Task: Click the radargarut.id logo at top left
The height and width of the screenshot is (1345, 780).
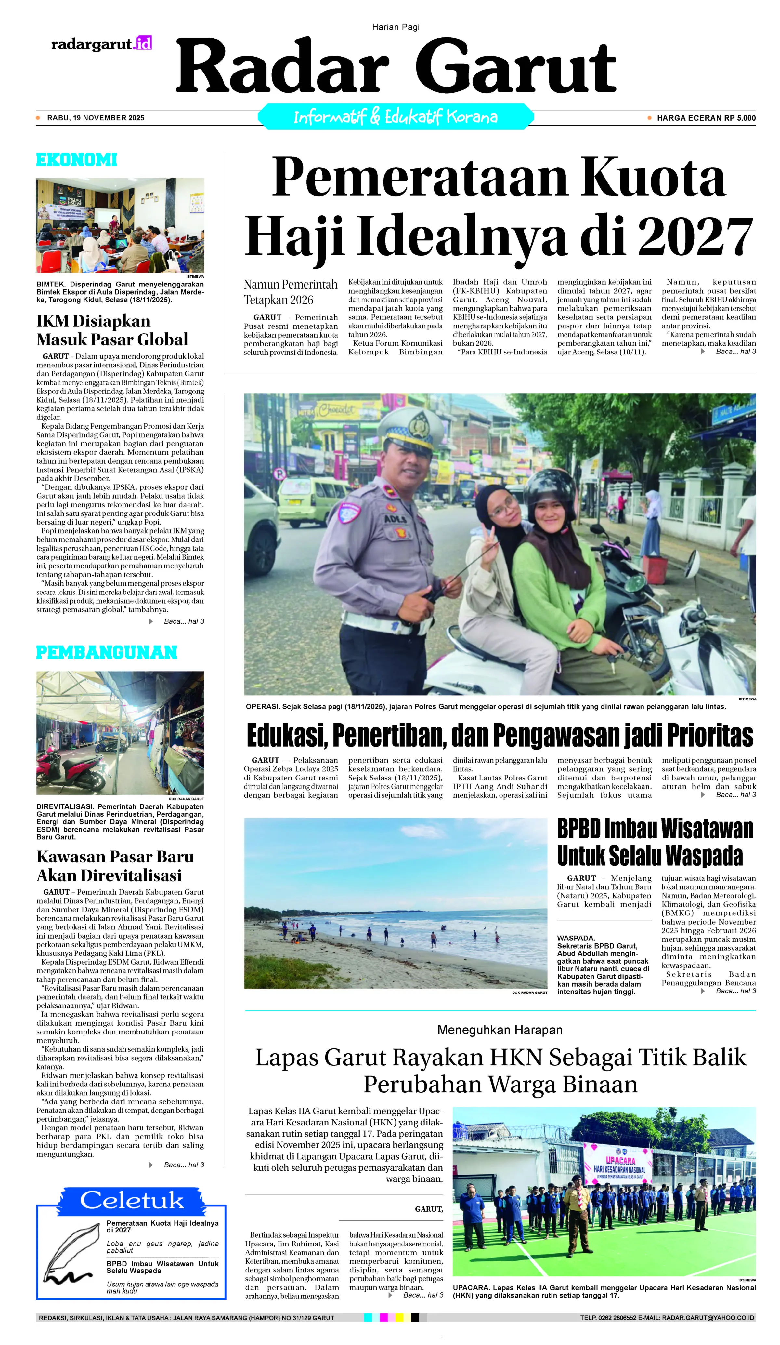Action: pyautogui.click(x=101, y=44)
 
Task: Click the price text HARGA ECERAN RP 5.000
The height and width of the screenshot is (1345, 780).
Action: pyautogui.click(x=706, y=118)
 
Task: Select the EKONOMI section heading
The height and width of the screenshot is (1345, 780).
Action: pyautogui.click(x=76, y=160)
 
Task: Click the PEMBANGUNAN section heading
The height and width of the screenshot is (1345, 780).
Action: pyautogui.click(x=106, y=652)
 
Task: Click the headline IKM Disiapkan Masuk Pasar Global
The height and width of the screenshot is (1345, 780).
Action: pyautogui.click(x=112, y=330)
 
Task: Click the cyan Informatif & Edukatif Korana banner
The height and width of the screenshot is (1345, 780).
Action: pyautogui.click(x=395, y=117)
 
